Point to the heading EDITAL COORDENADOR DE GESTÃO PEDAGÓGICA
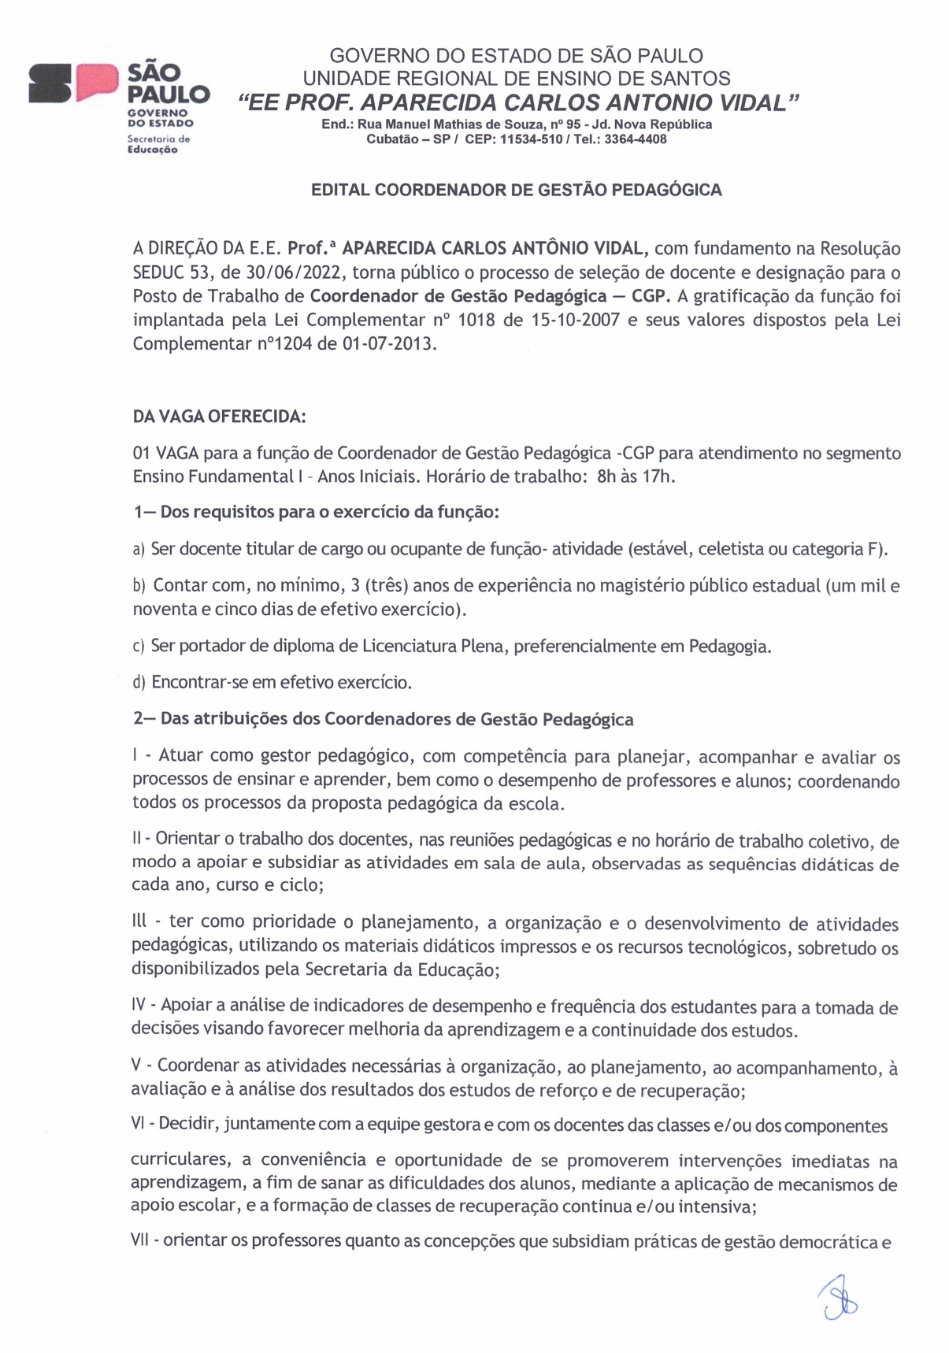pos(517,190)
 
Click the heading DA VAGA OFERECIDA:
pos(219,417)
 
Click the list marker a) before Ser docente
pos(139,549)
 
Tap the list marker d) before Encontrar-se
pos(139,682)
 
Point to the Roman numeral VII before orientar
pos(143,1242)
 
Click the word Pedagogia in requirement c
pos(729,647)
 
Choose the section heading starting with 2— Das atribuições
pos(383,719)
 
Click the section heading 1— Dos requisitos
pos(316,512)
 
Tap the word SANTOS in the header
pos(693,79)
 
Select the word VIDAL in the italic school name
pos(753,102)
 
